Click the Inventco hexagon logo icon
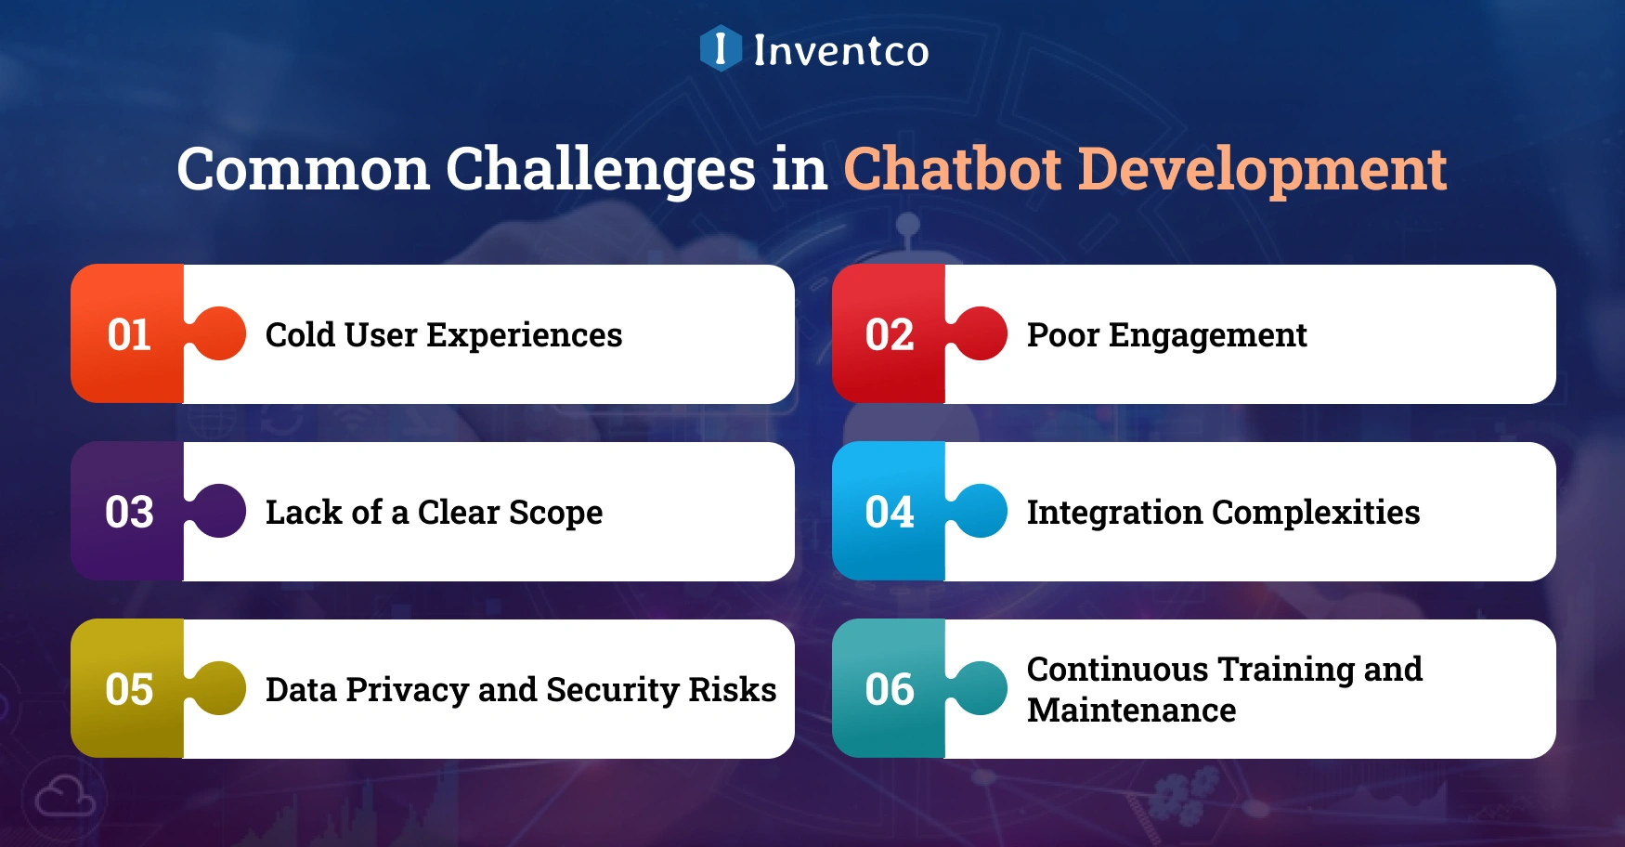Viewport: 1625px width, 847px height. pos(721,48)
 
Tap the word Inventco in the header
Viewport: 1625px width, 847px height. pos(840,50)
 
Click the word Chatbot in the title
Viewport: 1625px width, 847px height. pos(952,169)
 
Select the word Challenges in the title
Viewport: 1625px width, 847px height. pos(601,169)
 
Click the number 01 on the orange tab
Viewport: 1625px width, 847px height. pos(129,335)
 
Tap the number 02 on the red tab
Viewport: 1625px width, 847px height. pos(890,335)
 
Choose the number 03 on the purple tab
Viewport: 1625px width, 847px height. pos(129,513)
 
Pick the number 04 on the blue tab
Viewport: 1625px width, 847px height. pos(890,513)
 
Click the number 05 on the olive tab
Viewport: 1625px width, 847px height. pos(129,690)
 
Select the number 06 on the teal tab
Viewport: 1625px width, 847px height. pos(890,690)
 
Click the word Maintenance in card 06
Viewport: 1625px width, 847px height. pos(1131,710)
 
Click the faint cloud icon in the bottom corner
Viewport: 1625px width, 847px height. pos(64,797)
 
